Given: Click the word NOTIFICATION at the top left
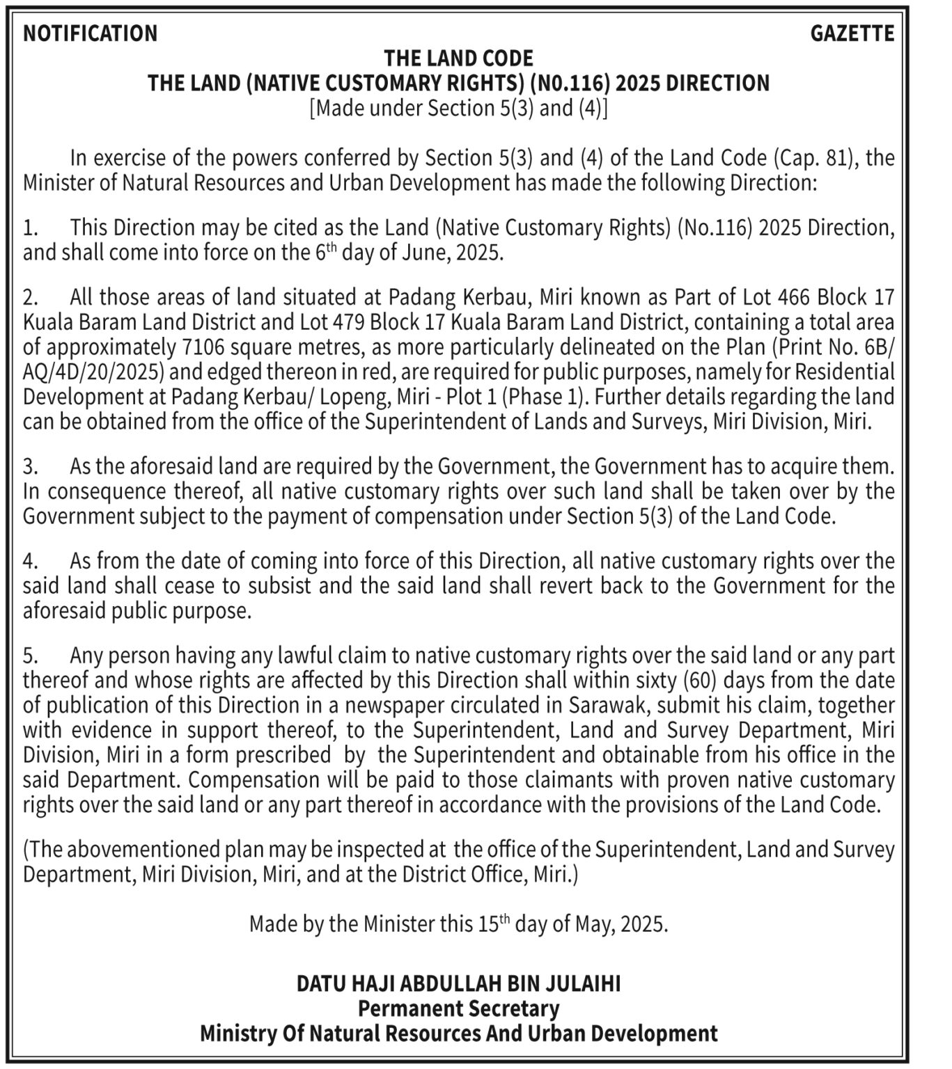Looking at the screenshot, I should [x=91, y=33].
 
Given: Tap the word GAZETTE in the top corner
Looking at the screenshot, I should [x=852, y=33].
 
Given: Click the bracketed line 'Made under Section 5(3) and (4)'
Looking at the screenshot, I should [x=458, y=109].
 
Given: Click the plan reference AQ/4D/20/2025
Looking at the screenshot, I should [x=93, y=372].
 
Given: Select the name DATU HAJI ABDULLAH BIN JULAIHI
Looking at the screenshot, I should [x=458, y=983].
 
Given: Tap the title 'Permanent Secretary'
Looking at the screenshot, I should [x=458, y=1008].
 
